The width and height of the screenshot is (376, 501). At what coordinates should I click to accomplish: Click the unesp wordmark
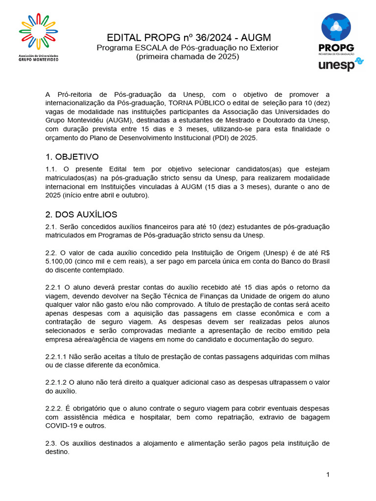(x=336, y=65)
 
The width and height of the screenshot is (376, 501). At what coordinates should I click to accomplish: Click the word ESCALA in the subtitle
(x=142, y=47)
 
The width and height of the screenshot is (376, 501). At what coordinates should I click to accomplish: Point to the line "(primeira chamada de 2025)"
(x=188, y=56)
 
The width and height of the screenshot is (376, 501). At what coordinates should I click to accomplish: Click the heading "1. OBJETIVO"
(x=72, y=157)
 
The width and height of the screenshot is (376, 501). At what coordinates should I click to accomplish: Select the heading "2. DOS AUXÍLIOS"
(x=81, y=215)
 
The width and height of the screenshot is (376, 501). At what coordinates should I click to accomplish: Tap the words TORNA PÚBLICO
(x=194, y=103)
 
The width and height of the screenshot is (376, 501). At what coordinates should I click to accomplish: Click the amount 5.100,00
(x=61, y=261)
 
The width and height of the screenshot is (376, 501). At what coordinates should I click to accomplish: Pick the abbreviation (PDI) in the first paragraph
(x=208, y=138)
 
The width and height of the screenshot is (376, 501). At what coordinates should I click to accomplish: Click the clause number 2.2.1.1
(x=56, y=357)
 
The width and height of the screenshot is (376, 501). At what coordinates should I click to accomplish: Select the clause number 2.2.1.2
(x=56, y=383)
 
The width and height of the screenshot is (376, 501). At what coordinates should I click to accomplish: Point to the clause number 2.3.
(x=51, y=443)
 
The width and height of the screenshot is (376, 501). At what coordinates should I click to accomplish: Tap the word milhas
(x=319, y=357)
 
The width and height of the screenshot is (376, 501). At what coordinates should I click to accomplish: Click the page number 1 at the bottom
(x=328, y=475)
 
